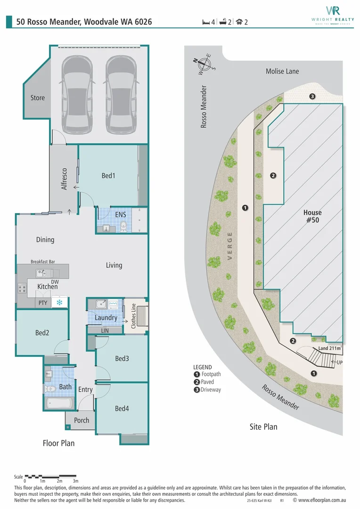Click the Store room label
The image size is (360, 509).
[38, 98]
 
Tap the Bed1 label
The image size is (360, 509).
[108, 176]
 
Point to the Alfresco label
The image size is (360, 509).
[65, 179]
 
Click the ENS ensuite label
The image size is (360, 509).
[121, 215]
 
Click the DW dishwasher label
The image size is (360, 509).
[55, 281]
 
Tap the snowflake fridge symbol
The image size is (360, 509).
[59, 303]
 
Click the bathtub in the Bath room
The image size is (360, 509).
[59, 403]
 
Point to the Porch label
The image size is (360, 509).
[82, 420]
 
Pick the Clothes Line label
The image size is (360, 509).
[134, 316]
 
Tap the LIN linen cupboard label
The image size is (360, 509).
[106, 330]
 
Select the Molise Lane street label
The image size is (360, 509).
[282, 71]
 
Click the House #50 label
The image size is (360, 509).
[312, 216]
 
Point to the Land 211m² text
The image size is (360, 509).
[330, 348]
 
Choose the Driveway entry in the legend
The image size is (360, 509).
[211, 390]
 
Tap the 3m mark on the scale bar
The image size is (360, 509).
[75, 481]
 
